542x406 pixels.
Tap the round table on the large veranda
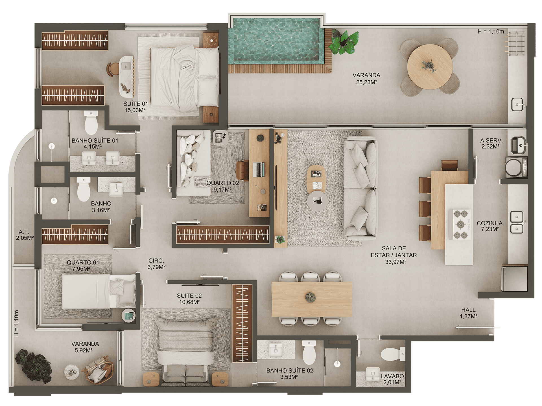pos(430,67)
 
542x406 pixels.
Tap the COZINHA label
pos(489,223)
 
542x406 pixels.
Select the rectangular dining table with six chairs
pos(312,299)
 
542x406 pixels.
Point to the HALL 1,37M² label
pos(469,313)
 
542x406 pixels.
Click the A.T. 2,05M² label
pos(25,235)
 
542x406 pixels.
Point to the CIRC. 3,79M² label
pos(156,264)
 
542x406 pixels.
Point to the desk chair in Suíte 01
pos(113,69)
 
